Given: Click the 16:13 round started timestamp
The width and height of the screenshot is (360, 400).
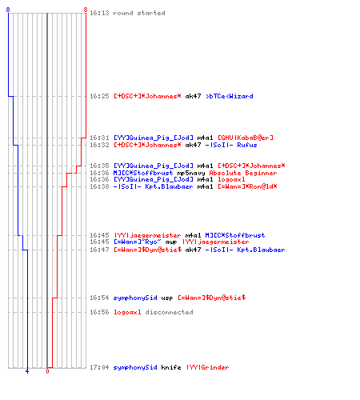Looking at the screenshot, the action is click(x=99, y=13).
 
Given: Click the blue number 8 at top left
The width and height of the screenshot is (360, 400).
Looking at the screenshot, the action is click(x=8, y=10).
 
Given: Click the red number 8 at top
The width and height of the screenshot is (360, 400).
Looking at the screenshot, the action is click(x=86, y=10).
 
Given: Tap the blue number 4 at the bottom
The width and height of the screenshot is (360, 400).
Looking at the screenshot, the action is click(x=27, y=371).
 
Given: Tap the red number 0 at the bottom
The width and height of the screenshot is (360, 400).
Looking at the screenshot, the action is click(x=47, y=371).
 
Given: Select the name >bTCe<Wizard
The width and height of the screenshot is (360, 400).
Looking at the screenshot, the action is click(x=230, y=96).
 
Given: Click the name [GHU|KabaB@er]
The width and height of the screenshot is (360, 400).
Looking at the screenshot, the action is click(x=246, y=138).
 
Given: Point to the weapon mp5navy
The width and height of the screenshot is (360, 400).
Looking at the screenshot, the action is click(x=191, y=174).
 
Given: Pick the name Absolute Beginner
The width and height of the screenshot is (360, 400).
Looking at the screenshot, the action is click(x=243, y=173).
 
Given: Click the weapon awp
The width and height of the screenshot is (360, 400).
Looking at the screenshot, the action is click(x=171, y=242).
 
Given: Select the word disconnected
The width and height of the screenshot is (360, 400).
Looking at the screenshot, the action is click(x=169, y=312).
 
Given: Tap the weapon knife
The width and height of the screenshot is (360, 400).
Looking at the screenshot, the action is click(x=171, y=367).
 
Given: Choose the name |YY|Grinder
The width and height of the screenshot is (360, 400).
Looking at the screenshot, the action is click(x=207, y=367).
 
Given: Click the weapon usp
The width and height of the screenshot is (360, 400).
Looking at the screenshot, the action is click(x=167, y=298).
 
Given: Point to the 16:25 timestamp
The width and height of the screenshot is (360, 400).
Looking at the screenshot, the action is click(x=99, y=96).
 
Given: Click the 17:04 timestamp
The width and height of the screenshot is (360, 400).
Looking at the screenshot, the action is click(x=99, y=367).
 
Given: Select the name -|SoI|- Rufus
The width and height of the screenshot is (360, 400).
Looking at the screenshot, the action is click(x=231, y=145).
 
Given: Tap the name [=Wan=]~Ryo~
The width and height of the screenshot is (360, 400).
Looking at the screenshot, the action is click(x=138, y=242).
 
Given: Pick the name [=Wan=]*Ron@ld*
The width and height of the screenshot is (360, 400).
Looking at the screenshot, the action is click(x=247, y=186).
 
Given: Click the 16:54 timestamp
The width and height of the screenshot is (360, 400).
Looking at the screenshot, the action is click(x=99, y=298).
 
